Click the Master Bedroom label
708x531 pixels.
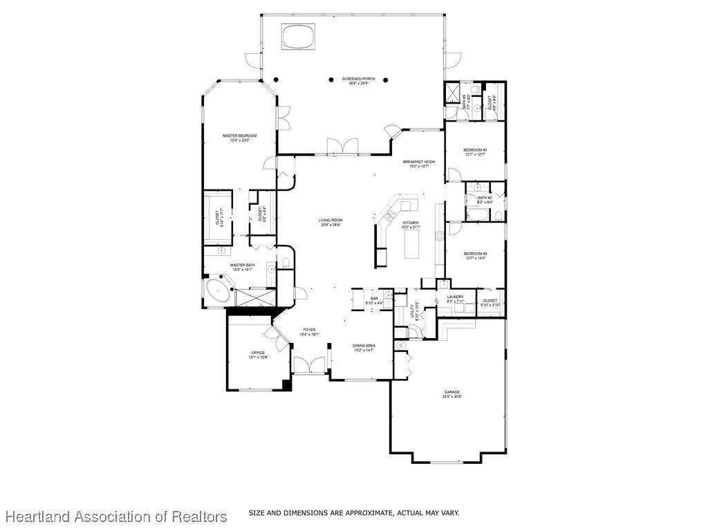239,136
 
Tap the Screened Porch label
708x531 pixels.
358,79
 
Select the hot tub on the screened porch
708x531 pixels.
298,36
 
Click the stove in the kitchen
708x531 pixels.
438,239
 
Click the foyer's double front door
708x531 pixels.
308,365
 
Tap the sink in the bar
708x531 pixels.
389,299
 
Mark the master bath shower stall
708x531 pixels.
255,297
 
